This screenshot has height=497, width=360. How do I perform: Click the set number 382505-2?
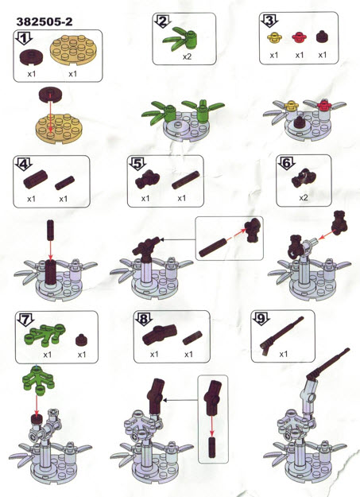(x=45, y=21)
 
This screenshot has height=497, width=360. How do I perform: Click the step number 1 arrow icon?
(x=24, y=38)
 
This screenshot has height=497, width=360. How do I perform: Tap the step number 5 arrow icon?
(x=137, y=164)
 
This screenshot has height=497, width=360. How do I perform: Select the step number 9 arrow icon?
(x=261, y=319)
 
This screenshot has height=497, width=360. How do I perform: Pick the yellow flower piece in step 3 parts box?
(x=274, y=37)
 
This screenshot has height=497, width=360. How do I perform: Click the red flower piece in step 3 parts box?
(x=299, y=37)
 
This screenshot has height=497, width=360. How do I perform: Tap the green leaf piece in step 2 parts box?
(x=180, y=39)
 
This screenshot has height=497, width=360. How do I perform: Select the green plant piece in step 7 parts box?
(x=45, y=336)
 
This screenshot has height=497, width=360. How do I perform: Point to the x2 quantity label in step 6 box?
(x=304, y=197)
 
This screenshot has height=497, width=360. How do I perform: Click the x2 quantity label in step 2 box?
(x=187, y=56)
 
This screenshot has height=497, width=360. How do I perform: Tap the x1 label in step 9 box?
(x=283, y=354)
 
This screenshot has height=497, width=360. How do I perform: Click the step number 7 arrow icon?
(x=25, y=320)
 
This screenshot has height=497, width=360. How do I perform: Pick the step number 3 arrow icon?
(x=269, y=21)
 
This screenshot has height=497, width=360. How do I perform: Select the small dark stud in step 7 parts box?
(x=82, y=340)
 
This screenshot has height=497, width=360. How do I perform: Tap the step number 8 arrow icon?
(x=144, y=320)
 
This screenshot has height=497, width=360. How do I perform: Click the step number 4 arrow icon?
(x=24, y=164)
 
